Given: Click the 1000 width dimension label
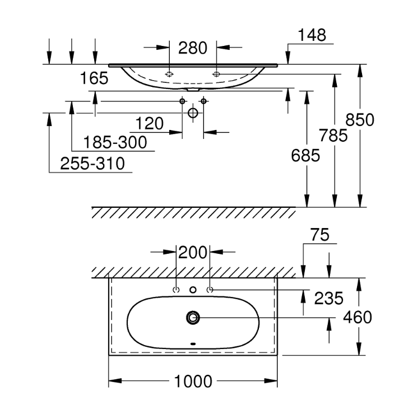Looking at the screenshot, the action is point(193,382).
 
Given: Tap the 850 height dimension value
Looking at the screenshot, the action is point(360,119).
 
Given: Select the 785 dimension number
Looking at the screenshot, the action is point(333,136).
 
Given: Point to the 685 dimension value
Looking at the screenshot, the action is point(305,155).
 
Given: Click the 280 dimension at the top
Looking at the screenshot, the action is point(193,48).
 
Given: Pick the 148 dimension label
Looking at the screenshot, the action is point(312,35).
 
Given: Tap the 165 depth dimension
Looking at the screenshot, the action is point(94,78).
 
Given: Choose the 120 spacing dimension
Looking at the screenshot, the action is point(150,124).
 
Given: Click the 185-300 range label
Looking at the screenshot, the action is point(115,142).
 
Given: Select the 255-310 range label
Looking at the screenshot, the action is point(92,164).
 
